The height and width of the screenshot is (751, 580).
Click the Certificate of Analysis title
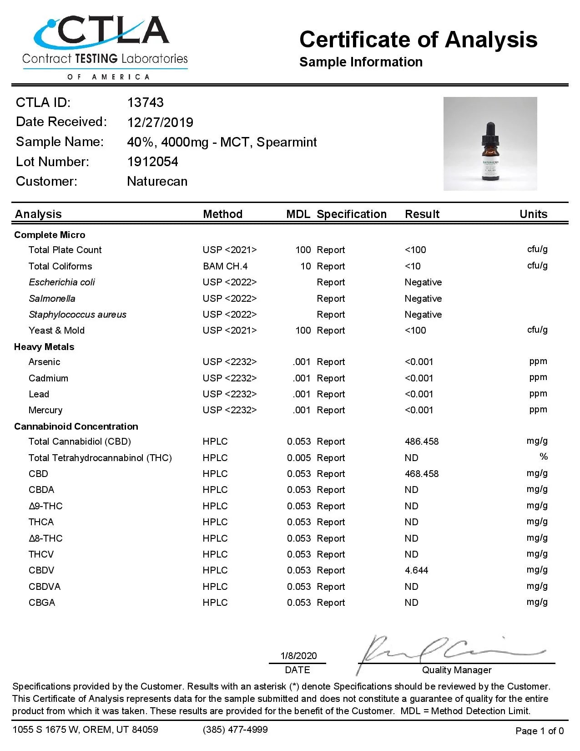point(418,40)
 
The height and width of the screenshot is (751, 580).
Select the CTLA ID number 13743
point(145,102)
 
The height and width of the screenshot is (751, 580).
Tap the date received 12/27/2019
point(160,122)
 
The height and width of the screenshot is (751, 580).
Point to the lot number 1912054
point(152,162)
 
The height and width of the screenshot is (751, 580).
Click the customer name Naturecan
point(157,182)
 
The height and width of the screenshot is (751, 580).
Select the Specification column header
point(351,214)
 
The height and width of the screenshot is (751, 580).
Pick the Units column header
point(533,214)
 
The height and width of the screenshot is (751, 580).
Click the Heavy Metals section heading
point(44,347)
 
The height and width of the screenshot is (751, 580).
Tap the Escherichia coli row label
point(62,282)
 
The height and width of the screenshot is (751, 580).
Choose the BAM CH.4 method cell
point(225,266)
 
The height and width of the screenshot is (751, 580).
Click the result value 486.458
point(422,441)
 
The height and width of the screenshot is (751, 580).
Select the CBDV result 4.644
point(416,570)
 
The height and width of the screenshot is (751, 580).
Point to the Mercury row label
point(45,410)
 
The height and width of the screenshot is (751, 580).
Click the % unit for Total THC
point(543,457)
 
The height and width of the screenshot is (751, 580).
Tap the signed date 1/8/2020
point(298,656)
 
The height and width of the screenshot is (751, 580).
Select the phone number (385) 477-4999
point(235,730)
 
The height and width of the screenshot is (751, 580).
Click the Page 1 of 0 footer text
point(540,731)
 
